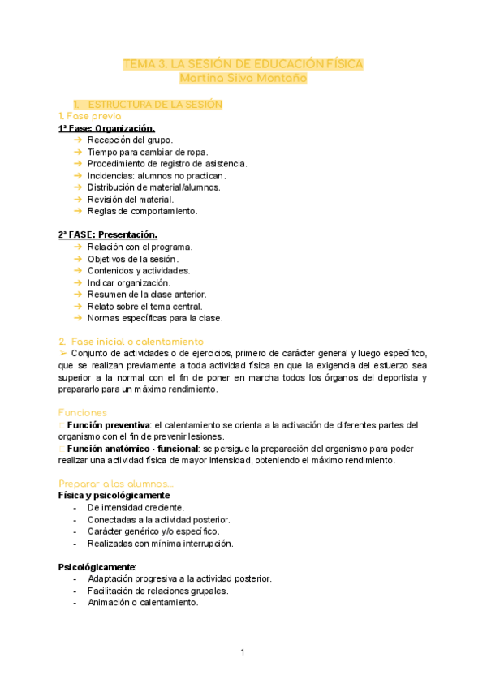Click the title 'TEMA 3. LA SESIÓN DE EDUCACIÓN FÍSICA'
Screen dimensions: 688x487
(x=243, y=64)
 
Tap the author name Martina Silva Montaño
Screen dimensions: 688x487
(x=243, y=79)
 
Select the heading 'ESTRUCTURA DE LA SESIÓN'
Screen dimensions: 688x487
(x=154, y=105)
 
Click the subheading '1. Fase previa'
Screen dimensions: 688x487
(x=89, y=117)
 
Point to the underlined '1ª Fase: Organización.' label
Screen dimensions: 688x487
(x=106, y=128)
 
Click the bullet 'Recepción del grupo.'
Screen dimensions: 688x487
(x=130, y=140)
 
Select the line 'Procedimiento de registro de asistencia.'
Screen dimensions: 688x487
(x=167, y=163)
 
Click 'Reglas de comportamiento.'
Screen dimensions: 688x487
(x=142, y=211)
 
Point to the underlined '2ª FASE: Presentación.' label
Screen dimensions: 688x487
(x=107, y=234)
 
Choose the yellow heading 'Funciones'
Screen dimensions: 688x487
(x=82, y=413)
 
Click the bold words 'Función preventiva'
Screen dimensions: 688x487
(x=109, y=425)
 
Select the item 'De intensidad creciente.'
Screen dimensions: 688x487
(x=136, y=507)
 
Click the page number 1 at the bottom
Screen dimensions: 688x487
(x=242, y=652)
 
